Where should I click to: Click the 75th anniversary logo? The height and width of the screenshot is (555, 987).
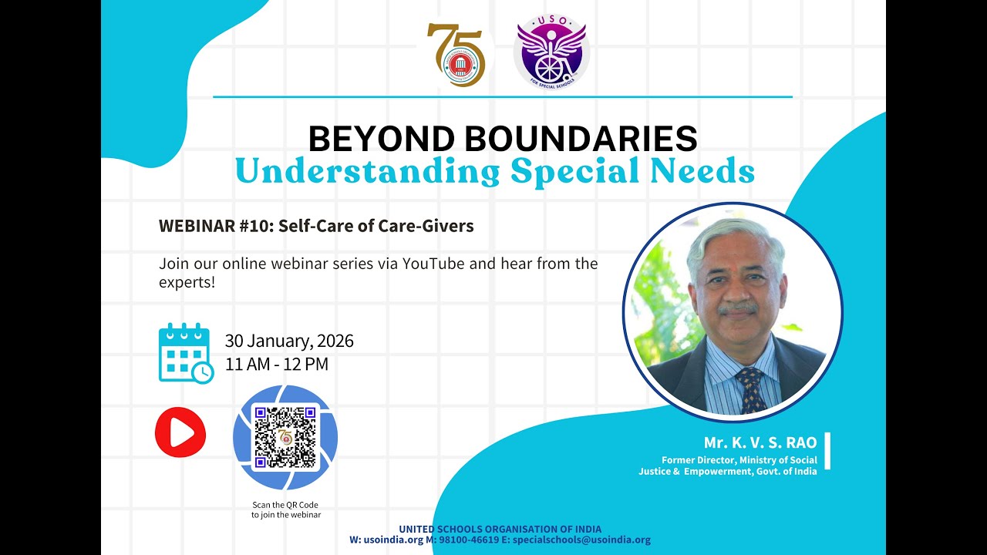click(x=456, y=55)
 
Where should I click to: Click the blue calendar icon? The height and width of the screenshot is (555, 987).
click(x=185, y=352)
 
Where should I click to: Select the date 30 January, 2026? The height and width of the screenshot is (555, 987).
click(x=289, y=341)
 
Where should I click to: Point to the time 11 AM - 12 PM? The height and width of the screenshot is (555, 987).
click(x=277, y=365)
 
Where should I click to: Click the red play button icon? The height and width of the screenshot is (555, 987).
click(x=180, y=432)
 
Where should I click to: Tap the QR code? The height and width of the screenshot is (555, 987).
click(x=285, y=437)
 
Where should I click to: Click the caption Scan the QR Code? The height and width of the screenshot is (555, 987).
click(x=285, y=505)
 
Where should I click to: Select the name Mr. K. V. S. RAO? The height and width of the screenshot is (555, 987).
click(x=760, y=442)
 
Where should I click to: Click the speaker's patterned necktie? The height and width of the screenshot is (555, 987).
click(x=750, y=389)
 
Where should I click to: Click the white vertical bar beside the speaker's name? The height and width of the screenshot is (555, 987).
click(x=827, y=451)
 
